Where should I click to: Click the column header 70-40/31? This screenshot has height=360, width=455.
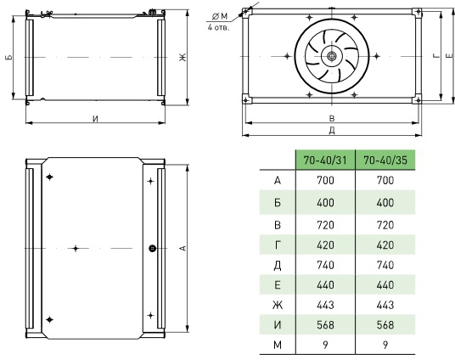pyautogui.click(x=325, y=160)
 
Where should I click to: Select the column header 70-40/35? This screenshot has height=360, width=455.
pyautogui.click(x=385, y=160)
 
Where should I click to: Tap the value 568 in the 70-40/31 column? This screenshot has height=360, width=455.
pyautogui.click(x=325, y=325)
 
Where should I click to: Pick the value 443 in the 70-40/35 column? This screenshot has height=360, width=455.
pyautogui.click(x=385, y=305)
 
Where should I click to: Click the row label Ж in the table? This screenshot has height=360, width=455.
pyautogui.click(x=278, y=305)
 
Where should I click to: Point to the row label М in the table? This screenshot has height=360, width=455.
pyautogui.click(x=278, y=345)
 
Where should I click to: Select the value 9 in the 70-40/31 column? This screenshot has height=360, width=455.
pyautogui.click(x=325, y=345)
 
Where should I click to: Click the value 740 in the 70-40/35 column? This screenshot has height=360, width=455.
pyautogui.click(x=385, y=265)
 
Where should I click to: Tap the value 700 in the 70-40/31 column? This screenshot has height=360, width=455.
pyautogui.click(x=325, y=180)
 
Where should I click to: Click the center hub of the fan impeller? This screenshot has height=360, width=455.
pyautogui.click(x=332, y=56)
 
